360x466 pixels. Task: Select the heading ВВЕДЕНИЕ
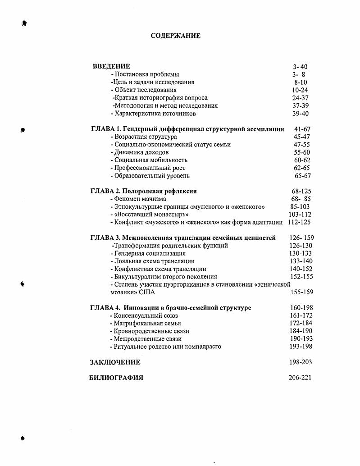point(111,66)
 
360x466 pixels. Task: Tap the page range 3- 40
point(300,67)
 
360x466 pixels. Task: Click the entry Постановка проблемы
point(146,74)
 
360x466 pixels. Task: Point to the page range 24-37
point(300,98)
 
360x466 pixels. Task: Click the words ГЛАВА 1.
point(105,129)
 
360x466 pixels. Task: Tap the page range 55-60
point(302,152)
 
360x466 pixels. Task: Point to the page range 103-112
point(300,215)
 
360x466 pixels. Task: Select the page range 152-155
point(301,277)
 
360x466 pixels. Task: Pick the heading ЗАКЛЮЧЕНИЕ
point(115,362)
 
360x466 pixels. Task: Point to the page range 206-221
point(300,378)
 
